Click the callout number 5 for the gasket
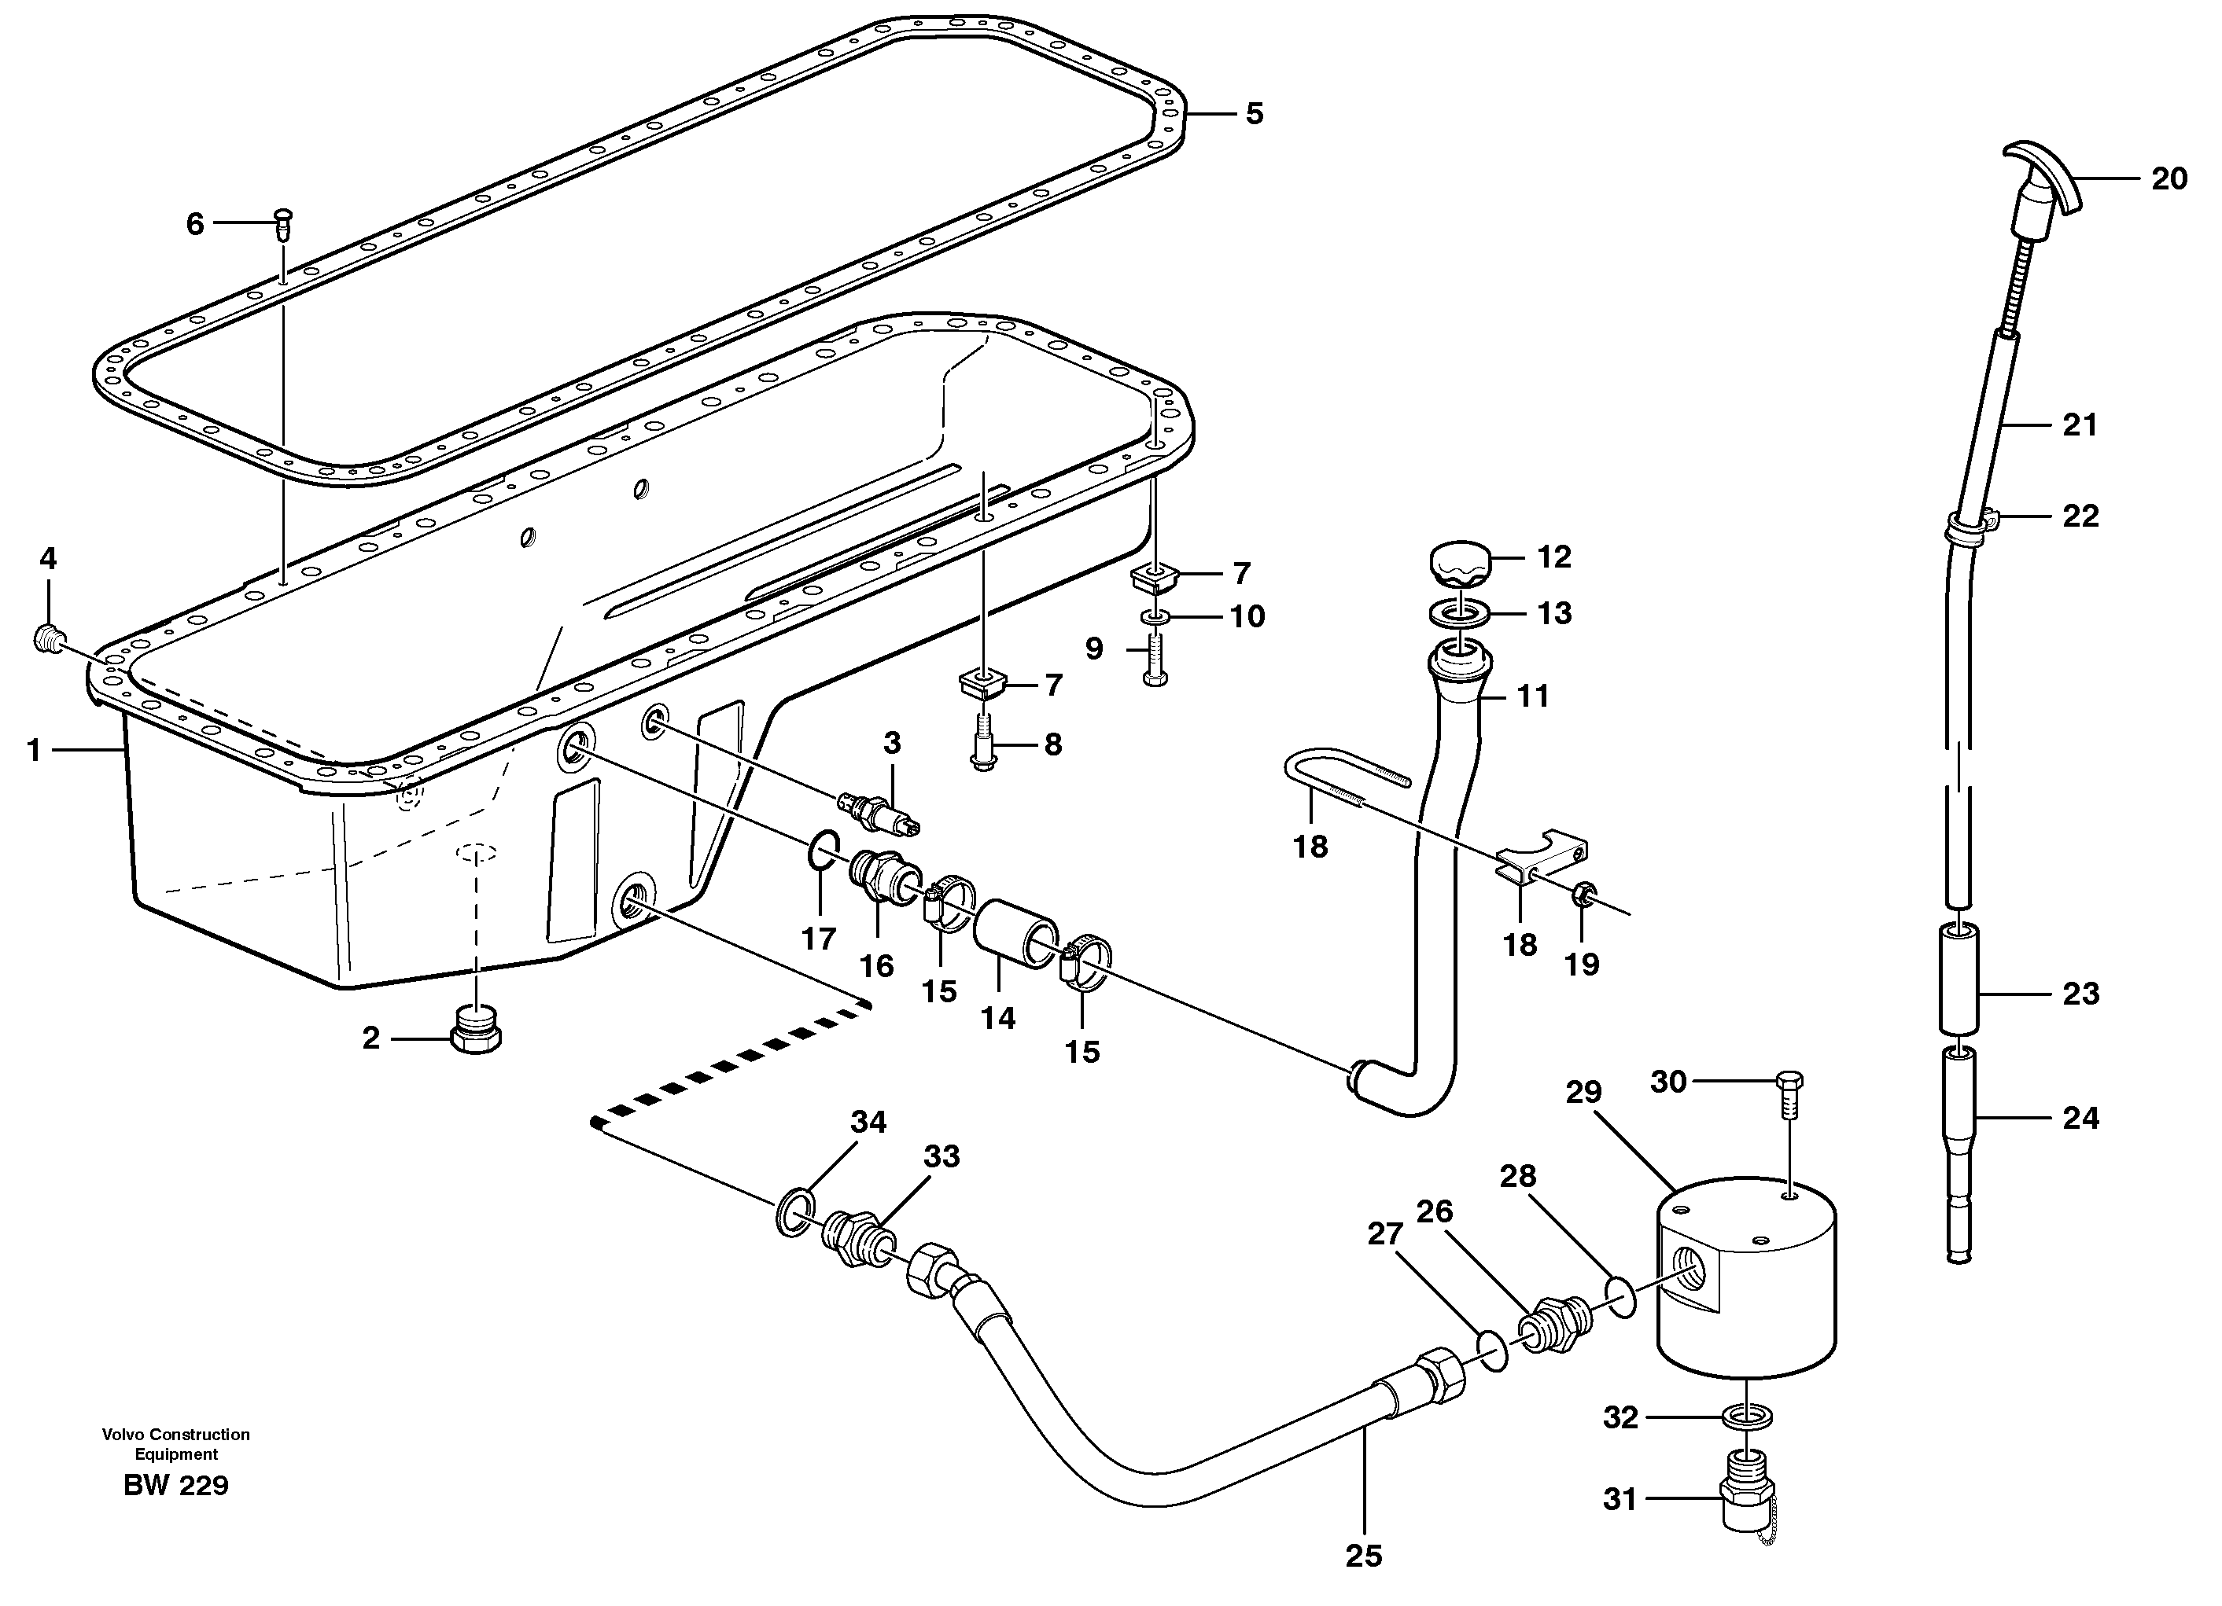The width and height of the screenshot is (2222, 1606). [x=1254, y=114]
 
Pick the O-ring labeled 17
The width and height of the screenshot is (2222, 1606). [x=823, y=849]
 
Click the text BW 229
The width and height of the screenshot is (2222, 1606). [x=176, y=1486]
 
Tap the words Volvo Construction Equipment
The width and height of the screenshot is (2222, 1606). [x=176, y=1443]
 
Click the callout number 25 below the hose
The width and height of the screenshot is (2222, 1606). [x=1363, y=1555]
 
